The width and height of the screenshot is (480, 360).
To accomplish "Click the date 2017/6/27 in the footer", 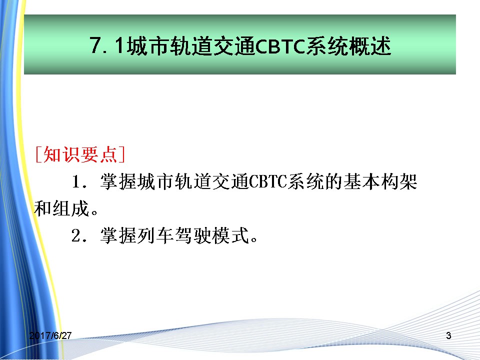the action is (50, 335).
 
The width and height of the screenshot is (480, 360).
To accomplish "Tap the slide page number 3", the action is (448, 335).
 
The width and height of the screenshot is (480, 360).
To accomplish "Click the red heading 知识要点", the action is (80, 154).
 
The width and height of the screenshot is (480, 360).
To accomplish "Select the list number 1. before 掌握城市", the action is (79, 182).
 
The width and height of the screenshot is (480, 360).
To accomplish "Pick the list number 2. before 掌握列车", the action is (79, 236).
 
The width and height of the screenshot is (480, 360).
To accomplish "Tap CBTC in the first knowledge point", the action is (268, 182).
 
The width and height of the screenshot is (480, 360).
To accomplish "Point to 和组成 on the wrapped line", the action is (61, 209).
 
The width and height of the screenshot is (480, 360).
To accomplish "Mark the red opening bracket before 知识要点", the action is (38, 154).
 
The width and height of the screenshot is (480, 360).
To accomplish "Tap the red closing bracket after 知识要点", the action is (121, 154).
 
